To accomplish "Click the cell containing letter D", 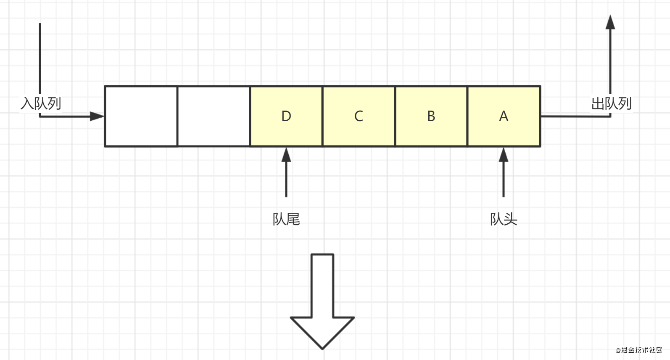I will tap(286, 126).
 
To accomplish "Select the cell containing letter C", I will tap(359, 126).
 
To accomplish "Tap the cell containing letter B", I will tap(431, 126).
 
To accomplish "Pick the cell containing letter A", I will tap(504, 126).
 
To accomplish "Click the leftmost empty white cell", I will tap(141, 116).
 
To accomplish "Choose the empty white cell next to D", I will tap(214, 116).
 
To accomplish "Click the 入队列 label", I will tap(41, 103).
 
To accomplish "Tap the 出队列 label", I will tap(611, 103).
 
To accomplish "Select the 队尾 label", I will tap(286, 219).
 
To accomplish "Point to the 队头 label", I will tap(504, 219).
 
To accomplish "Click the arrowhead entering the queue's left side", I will tap(97, 116).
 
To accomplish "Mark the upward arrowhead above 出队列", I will tap(610, 22).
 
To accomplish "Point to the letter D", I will tap(286, 116).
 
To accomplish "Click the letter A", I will tap(504, 116).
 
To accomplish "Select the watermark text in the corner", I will tap(639, 349).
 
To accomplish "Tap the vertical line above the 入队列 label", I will tap(40, 55).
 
